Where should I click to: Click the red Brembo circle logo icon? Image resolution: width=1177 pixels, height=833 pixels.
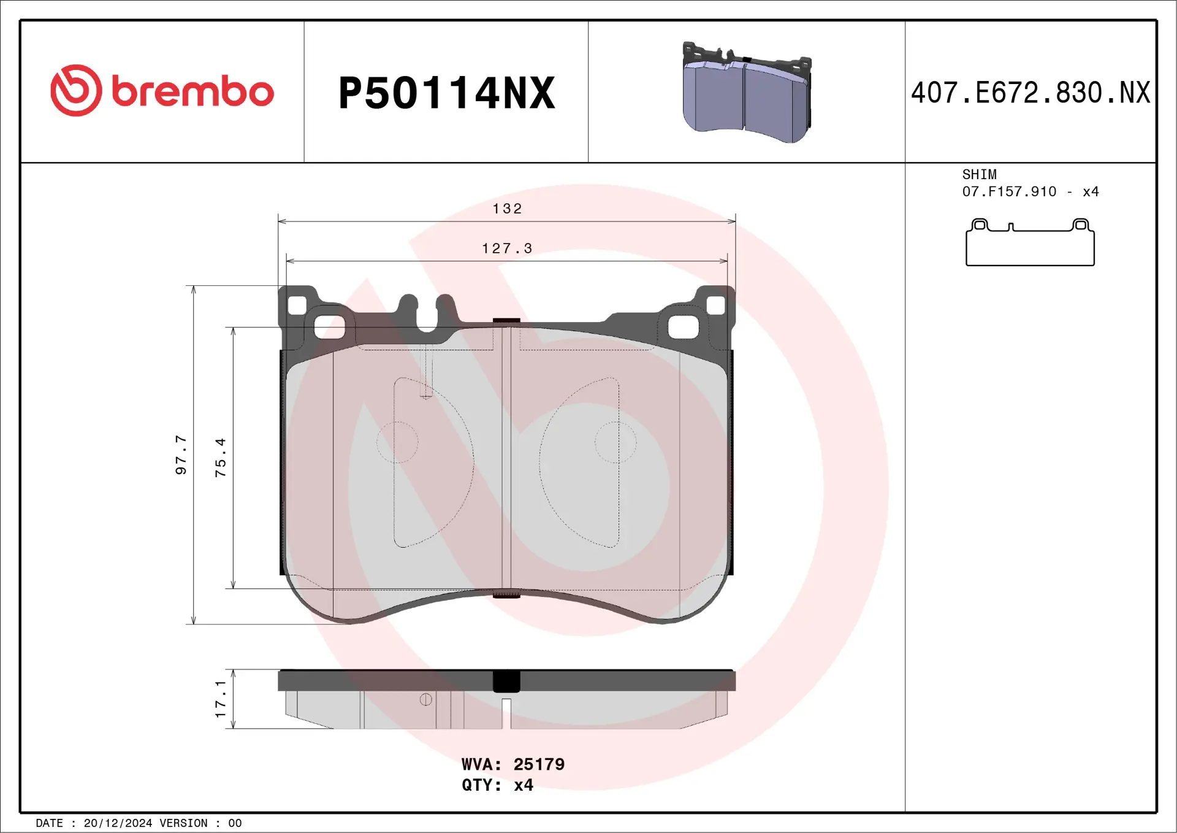click(76, 91)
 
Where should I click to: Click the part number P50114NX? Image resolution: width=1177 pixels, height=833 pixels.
click(446, 93)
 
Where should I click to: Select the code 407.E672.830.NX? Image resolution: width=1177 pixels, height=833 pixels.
click(1030, 93)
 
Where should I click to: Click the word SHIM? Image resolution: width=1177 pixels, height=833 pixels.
click(979, 175)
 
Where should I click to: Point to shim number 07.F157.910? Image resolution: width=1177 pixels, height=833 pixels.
click(1009, 192)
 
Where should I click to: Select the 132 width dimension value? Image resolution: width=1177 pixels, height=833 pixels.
click(507, 209)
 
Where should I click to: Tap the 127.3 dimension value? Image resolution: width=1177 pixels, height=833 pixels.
click(507, 248)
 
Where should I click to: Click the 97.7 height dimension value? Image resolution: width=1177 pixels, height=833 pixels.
click(181, 455)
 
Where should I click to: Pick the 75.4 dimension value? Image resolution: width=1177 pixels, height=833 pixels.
click(221, 458)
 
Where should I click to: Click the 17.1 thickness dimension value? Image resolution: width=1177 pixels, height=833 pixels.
click(221, 699)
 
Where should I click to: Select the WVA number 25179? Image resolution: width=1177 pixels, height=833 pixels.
click(539, 764)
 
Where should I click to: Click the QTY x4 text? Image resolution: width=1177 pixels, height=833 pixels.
click(497, 785)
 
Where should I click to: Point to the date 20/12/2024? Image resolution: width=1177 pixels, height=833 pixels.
click(118, 823)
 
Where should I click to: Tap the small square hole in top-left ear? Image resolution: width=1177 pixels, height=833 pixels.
click(297, 305)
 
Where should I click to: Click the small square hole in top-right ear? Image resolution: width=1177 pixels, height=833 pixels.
click(715, 305)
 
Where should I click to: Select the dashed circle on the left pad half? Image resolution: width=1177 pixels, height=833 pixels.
click(397, 442)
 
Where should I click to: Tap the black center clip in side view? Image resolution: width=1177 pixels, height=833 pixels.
click(506, 681)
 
